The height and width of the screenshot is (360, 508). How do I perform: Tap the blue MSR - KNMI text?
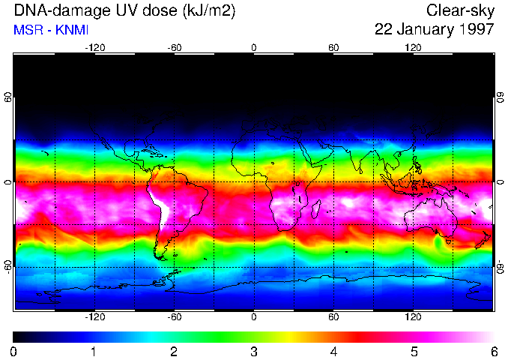[x=46, y=30]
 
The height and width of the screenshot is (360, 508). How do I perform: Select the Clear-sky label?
[x=460, y=10]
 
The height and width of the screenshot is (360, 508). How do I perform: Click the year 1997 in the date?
[x=475, y=30]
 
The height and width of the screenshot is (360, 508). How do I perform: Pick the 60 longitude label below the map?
[x=333, y=317]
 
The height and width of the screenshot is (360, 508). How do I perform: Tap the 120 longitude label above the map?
[x=413, y=48]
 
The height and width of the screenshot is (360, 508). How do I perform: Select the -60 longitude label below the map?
[x=174, y=317]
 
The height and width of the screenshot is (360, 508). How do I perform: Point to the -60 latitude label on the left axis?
[x=8, y=267]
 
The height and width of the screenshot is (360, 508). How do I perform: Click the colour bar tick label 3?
[x=253, y=351]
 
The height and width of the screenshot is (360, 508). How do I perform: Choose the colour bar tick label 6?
[x=493, y=351]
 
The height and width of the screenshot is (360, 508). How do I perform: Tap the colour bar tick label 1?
[x=93, y=351]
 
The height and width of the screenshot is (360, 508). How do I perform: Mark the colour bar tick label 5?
[x=413, y=351]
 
